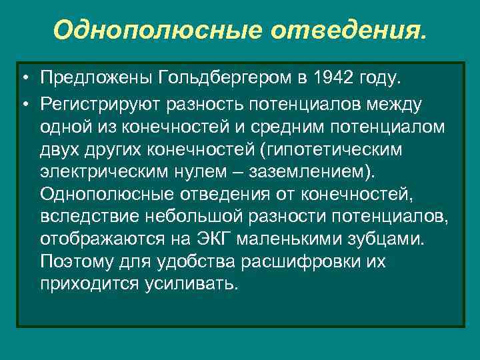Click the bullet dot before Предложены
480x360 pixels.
(23, 80)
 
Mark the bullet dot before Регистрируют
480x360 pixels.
(23, 103)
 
